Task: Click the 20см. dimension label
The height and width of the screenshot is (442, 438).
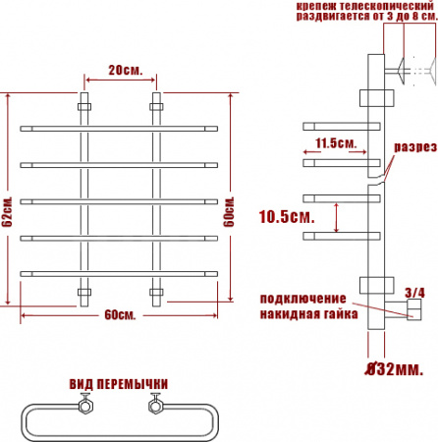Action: tap(126, 70)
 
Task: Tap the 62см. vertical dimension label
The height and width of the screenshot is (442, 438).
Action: tap(7, 212)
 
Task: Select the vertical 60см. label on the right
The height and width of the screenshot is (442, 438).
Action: tap(229, 212)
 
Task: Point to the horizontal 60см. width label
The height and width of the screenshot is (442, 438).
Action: tap(120, 315)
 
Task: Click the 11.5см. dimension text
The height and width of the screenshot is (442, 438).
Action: tap(336, 143)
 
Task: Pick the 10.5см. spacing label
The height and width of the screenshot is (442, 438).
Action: tap(287, 216)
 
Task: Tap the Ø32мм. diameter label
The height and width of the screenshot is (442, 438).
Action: tap(395, 369)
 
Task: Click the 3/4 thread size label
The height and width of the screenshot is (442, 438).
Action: tap(414, 293)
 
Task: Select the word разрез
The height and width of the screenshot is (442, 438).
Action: tap(415, 147)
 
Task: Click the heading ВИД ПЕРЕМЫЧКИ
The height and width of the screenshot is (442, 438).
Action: tap(119, 384)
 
